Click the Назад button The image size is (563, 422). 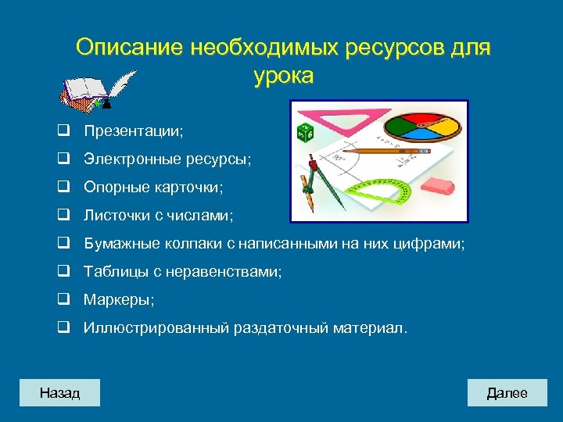[x=60, y=392]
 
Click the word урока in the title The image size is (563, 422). [x=283, y=77]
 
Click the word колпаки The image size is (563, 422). [x=192, y=245]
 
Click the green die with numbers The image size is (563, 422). [x=304, y=132]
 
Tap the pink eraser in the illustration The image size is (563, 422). [x=436, y=187]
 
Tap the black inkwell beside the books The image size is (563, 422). [x=106, y=102]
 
